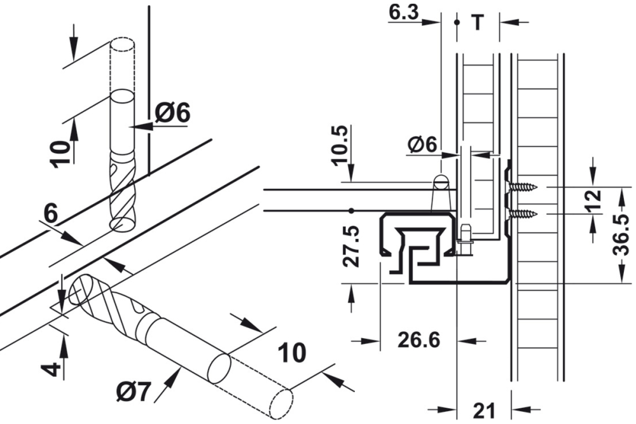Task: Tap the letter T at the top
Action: tap(477, 23)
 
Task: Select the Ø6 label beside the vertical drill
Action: tap(172, 114)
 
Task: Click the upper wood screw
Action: tap(523, 188)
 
